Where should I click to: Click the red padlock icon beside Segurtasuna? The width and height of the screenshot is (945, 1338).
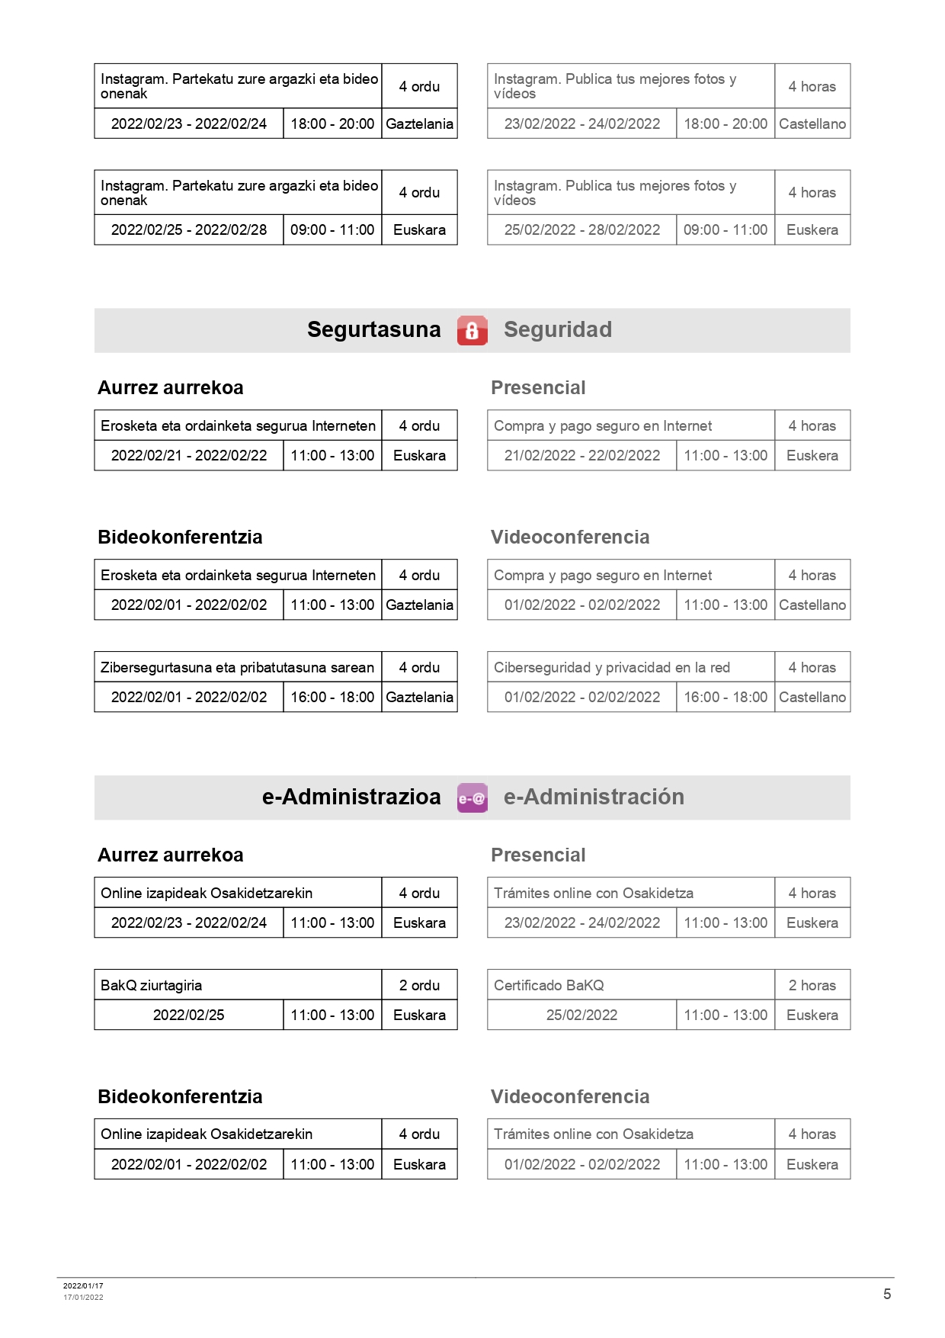click(x=472, y=330)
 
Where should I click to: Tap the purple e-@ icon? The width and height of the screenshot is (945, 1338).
click(x=472, y=798)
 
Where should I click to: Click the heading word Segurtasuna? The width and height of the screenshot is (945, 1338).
click(x=373, y=329)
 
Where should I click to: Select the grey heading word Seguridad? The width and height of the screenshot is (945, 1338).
click(x=557, y=329)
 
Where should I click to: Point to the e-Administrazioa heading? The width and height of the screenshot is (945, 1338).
click(x=351, y=797)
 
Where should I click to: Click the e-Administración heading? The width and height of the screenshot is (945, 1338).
click(x=594, y=797)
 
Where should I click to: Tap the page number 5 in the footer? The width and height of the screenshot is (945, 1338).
click(x=886, y=1294)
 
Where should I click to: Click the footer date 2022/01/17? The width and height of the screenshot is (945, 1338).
click(x=83, y=1285)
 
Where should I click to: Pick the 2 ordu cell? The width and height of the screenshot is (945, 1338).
click(x=419, y=985)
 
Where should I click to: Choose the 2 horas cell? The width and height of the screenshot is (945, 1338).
click(x=812, y=985)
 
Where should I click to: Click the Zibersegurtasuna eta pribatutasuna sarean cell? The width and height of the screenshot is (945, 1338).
click(x=237, y=667)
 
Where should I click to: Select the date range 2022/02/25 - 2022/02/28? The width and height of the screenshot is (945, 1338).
click(x=189, y=229)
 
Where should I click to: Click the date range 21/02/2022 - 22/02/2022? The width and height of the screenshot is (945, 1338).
click(x=581, y=455)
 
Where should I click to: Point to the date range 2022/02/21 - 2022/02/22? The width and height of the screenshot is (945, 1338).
click(x=189, y=455)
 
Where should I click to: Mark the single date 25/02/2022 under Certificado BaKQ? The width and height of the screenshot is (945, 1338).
click(x=581, y=1015)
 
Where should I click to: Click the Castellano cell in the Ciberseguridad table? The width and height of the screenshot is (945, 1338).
click(x=812, y=697)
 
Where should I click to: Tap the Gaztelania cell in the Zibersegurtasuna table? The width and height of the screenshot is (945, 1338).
click(x=419, y=697)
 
